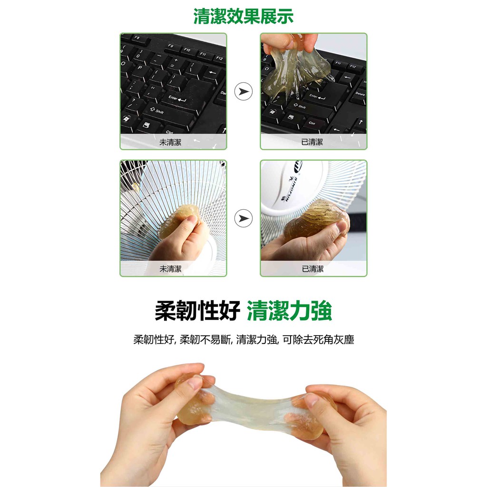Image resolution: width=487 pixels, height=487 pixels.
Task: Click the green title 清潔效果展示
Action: tap(243, 16)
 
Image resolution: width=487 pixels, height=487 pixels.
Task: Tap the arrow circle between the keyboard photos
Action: tap(243, 91)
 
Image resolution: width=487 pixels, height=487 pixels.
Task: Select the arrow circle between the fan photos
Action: tap(243, 218)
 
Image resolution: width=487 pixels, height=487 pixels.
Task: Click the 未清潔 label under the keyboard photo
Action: tap(170, 142)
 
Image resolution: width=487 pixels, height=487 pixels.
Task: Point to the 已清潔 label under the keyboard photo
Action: tap(312, 142)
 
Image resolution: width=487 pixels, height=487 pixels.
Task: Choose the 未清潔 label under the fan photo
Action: tap(170, 269)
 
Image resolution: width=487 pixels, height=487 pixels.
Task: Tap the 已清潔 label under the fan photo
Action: tap(313, 269)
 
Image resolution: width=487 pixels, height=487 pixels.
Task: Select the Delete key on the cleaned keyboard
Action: tap(360, 94)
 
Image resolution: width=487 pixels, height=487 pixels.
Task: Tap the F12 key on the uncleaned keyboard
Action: tap(219, 58)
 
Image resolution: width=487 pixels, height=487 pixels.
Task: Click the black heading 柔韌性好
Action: tap(197, 310)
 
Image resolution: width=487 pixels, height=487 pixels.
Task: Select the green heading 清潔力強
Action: tap(290, 310)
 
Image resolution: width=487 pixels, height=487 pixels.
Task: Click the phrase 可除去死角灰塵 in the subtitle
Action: tap(318, 340)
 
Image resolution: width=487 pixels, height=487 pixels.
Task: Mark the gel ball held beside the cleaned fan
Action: tap(315, 219)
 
